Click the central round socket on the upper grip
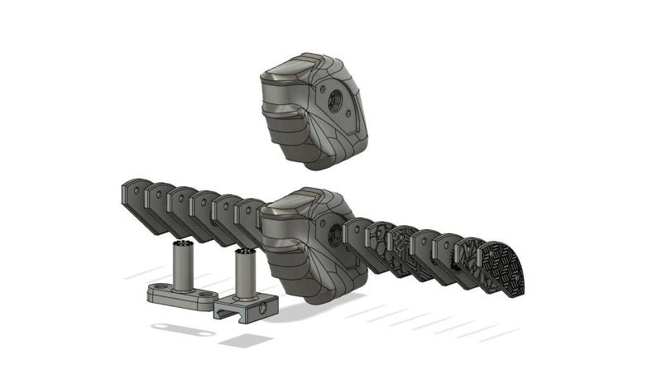coord(338,102)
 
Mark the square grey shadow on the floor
coord(247,340)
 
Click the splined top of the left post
coord(185,246)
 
